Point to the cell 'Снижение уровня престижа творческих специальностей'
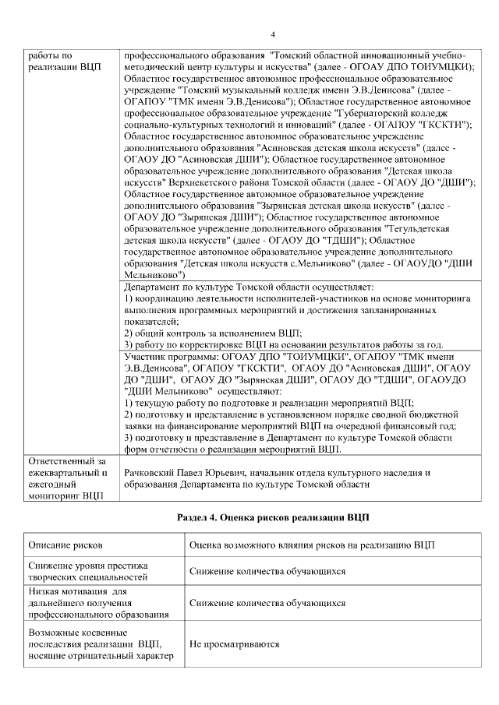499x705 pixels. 87,571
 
